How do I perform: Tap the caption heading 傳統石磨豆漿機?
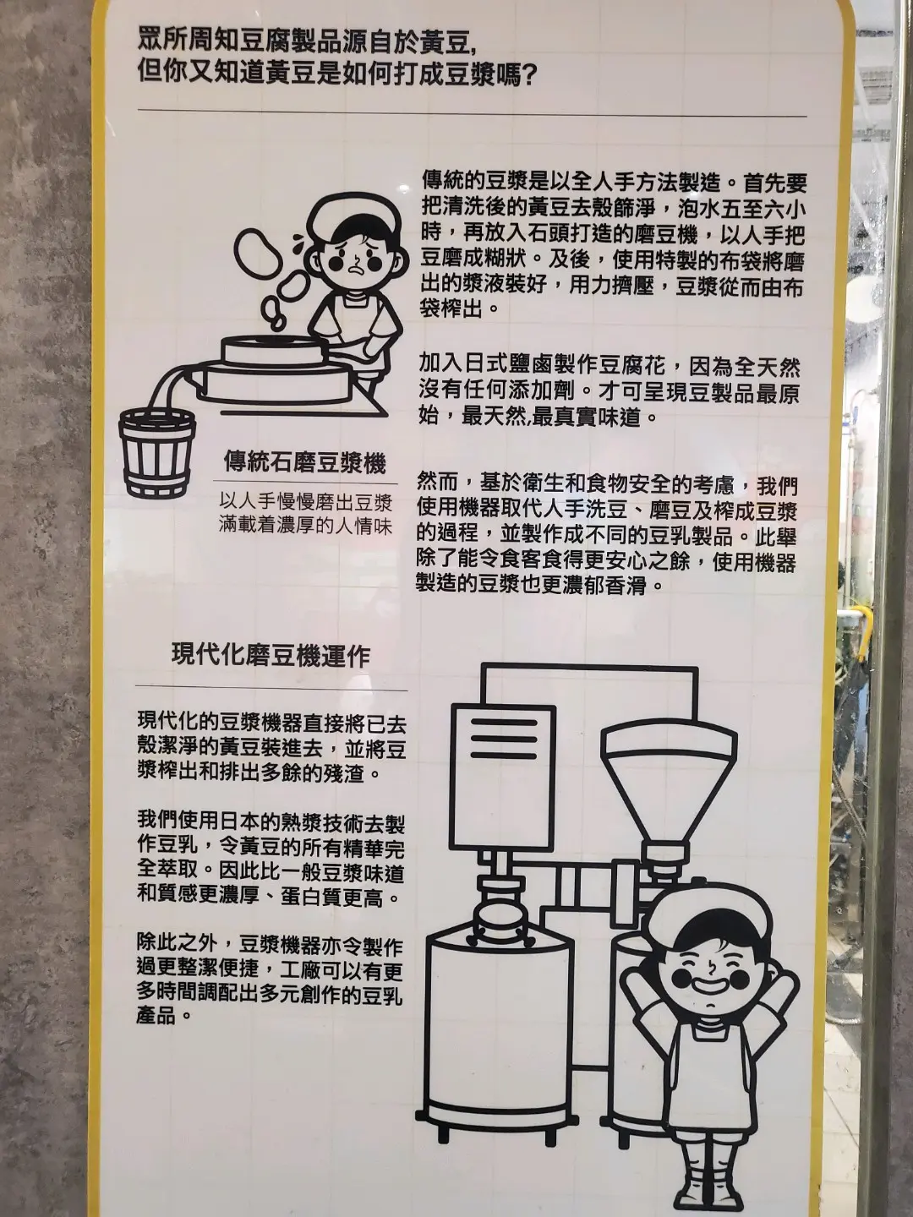(304, 463)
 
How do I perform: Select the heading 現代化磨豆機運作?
(271, 656)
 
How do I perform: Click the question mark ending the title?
(528, 74)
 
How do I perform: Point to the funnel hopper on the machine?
(669, 794)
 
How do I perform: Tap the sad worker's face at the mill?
(358, 257)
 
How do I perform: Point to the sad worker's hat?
(353, 219)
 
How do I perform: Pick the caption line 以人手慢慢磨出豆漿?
(305, 503)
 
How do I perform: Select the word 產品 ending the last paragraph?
(159, 1016)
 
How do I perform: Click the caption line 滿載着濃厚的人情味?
(305, 525)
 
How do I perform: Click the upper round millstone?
(271, 347)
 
